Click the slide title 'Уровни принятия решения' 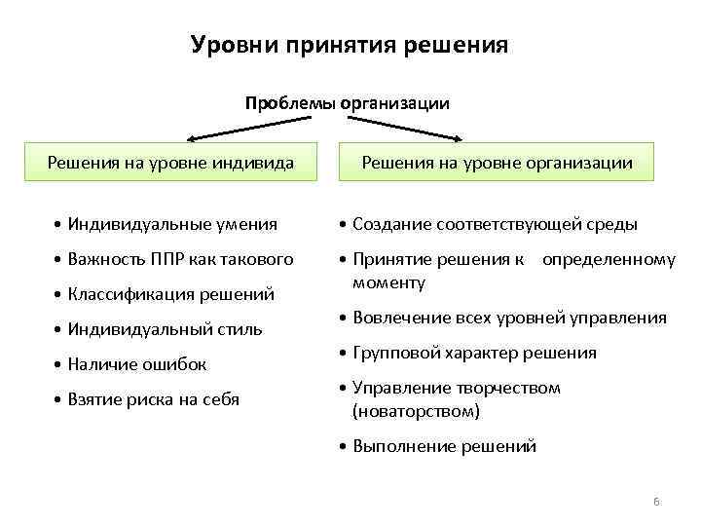(x=350, y=46)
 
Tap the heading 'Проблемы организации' (x=348, y=102)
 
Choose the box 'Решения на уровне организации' (x=497, y=163)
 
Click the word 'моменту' (x=388, y=282)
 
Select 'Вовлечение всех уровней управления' (x=508, y=318)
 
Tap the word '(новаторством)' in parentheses (x=416, y=411)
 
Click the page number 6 (x=656, y=501)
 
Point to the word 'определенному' (x=609, y=259)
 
